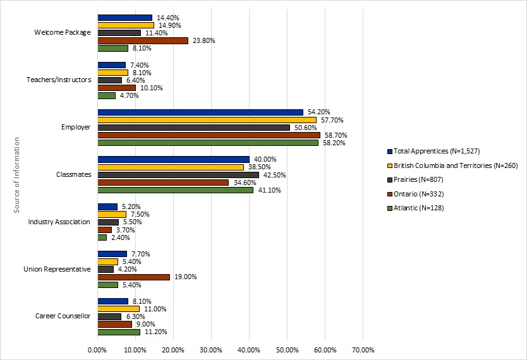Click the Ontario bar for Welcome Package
tap(143, 40)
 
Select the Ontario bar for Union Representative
tap(133, 277)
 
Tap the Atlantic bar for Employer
tap(208, 143)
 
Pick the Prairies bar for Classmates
tap(178, 175)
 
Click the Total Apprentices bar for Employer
tap(200, 112)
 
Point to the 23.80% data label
tap(204, 40)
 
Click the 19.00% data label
tap(186, 277)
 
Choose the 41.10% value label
tap(269, 190)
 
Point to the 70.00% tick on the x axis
tap(363, 349)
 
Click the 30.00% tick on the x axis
tap(211, 349)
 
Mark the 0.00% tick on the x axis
tap(97, 349)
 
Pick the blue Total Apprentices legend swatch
tap(389, 152)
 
